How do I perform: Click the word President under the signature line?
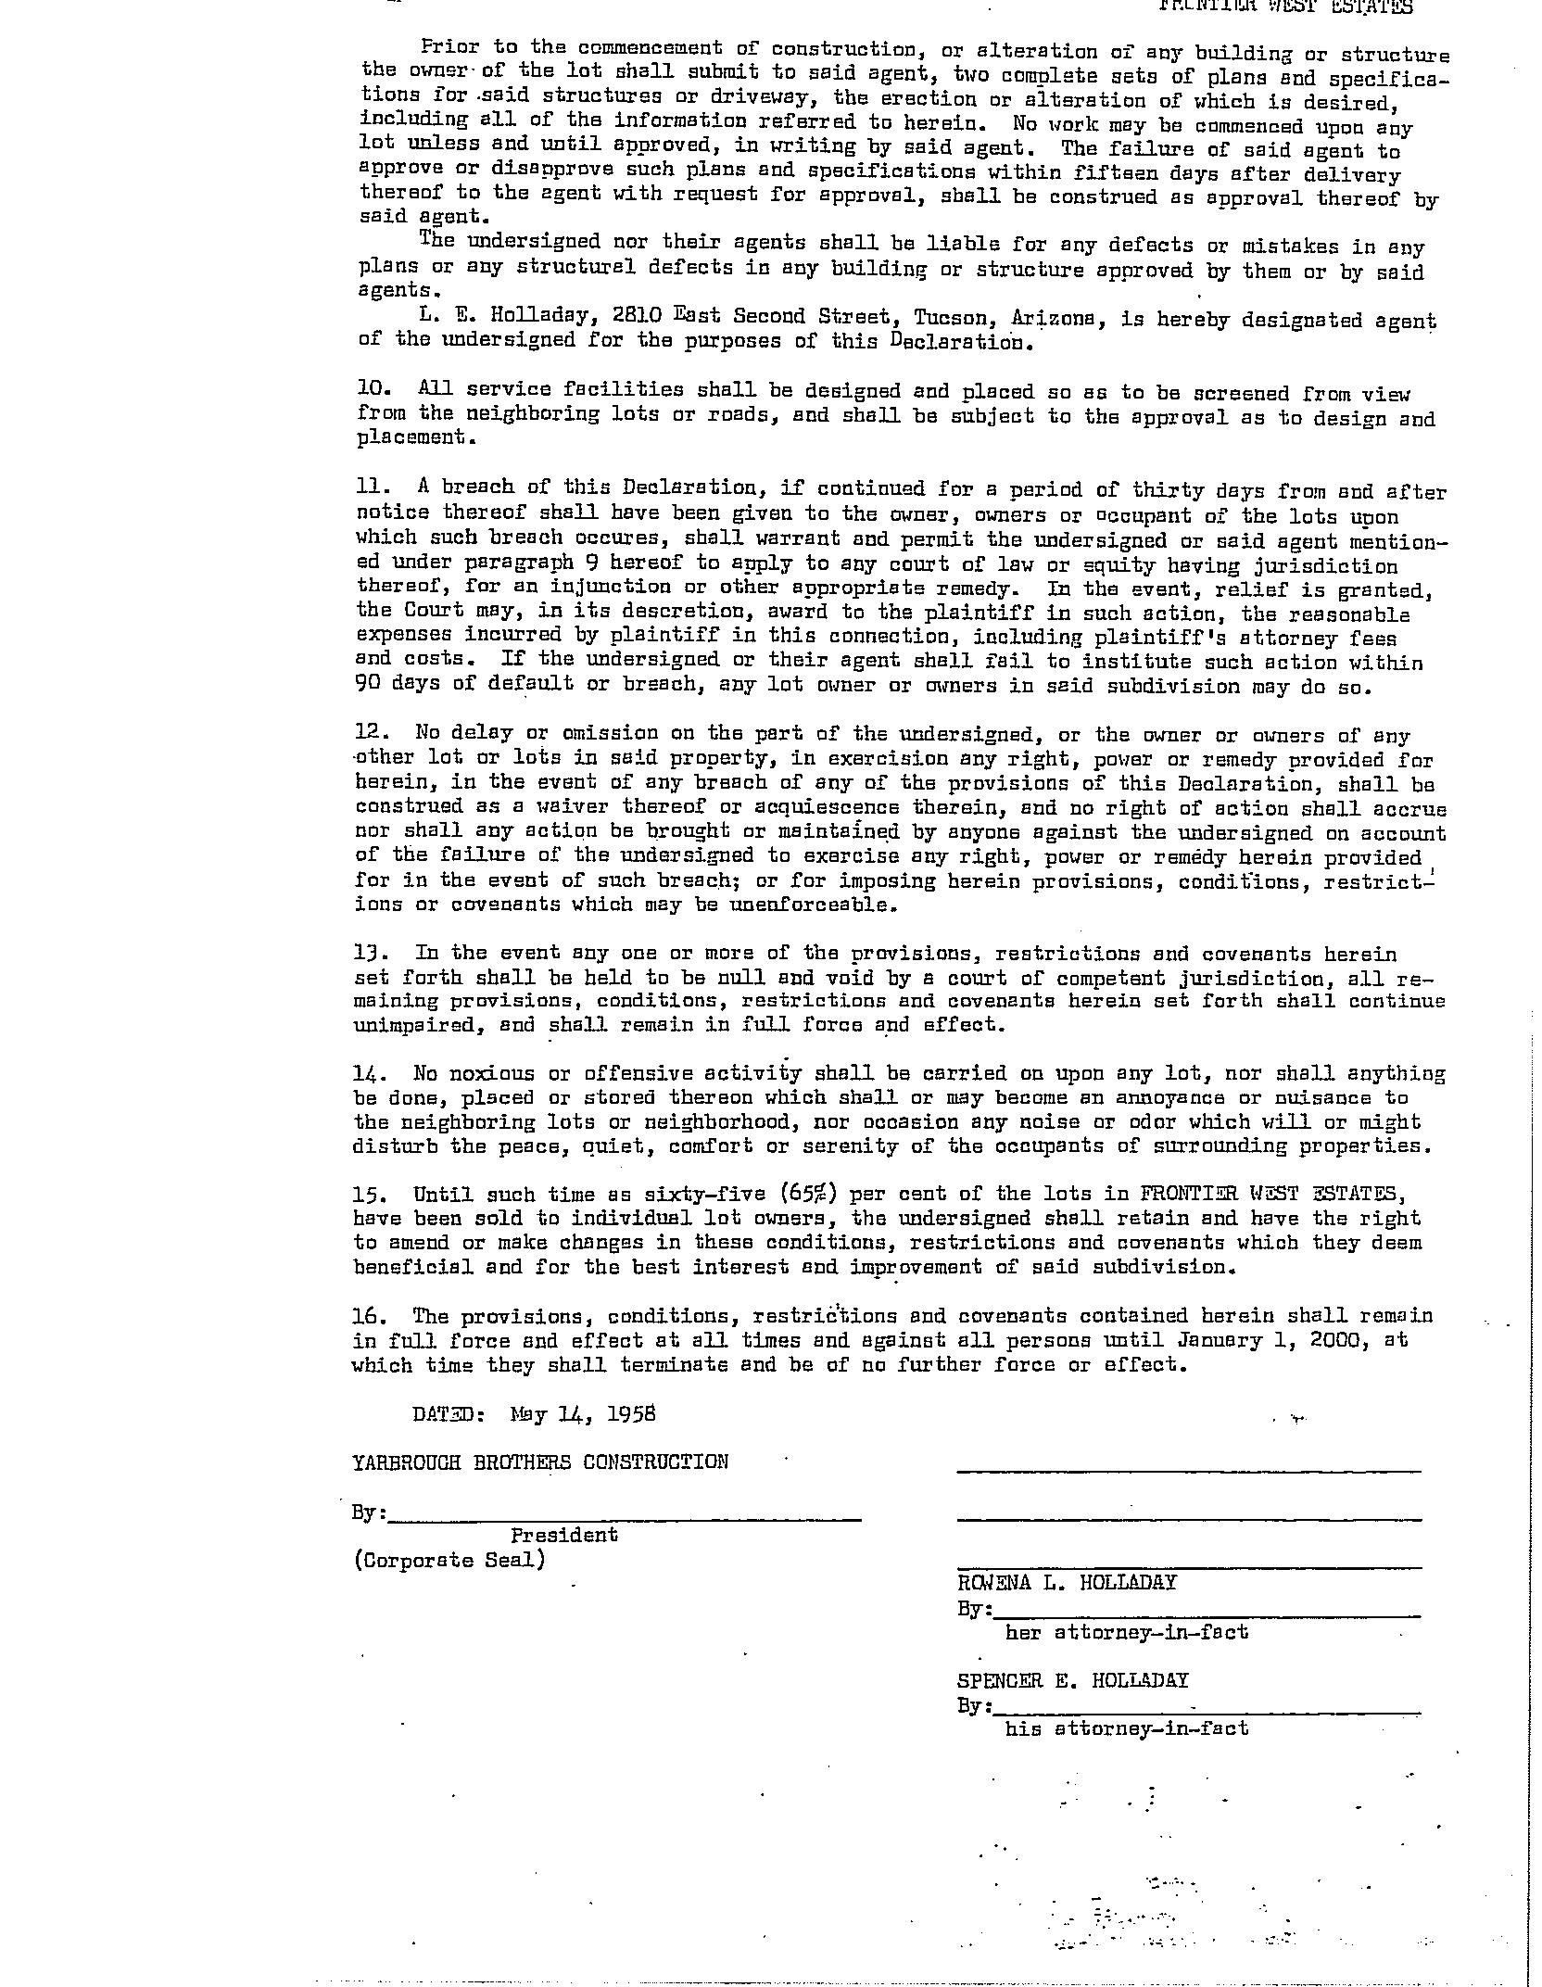(563, 1535)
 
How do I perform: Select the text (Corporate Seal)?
(449, 1560)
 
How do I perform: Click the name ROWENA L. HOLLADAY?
(1066, 1582)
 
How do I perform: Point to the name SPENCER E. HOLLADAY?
(1072, 1680)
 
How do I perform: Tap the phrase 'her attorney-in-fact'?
(1126, 1632)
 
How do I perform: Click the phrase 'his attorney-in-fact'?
(1126, 1728)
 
